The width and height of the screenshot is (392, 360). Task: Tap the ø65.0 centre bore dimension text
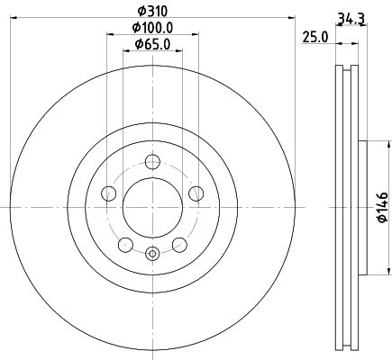pos(152,44)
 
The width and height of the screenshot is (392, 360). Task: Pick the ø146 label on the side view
pos(382,207)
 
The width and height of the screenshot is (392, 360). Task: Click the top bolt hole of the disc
pos(152,162)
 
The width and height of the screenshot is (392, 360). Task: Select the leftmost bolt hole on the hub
pos(109,193)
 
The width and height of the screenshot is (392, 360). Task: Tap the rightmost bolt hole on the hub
pos(196,193)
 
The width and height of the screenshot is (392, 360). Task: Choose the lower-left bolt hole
pos(125,244)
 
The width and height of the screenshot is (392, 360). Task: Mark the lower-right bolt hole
pos(178,244)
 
